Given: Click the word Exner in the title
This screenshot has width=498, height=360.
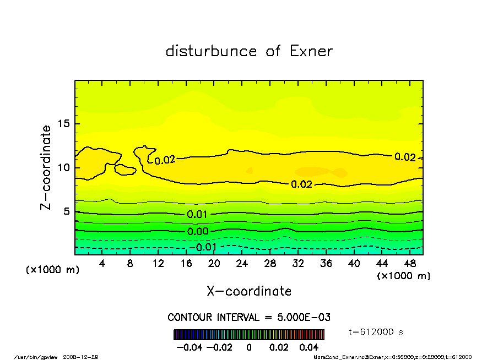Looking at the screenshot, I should click(x=311, y=52).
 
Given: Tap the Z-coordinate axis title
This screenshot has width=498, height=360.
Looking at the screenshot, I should click(x=46, y=167).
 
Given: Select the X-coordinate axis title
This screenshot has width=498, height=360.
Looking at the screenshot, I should click(x=249, y=291).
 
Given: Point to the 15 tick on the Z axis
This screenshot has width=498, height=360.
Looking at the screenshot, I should click(x=64, y=123).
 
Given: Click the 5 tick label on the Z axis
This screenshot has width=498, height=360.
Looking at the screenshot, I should click(x=67, y=211).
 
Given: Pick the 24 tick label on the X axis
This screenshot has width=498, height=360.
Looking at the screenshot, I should click(x=242, y=264).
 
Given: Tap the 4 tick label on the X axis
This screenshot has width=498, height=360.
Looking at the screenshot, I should click(x=102, y=264).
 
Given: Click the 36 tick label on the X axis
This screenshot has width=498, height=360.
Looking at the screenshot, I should click(x=326, y=264).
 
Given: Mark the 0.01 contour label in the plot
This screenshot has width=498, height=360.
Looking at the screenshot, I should click(x=197, y=214).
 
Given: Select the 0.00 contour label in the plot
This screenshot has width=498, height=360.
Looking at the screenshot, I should click(x=197, y=232).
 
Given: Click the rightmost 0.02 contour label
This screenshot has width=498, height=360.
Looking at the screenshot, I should click(x=405, y=157).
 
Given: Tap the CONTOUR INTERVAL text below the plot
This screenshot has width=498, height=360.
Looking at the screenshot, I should click(x=249, y=318).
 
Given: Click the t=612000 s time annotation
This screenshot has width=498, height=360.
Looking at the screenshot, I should click(x=376, y=332).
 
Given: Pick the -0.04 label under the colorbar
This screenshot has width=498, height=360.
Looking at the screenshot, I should click(x=185, y=348).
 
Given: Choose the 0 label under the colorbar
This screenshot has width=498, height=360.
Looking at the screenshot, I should click(x=249, y=348).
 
